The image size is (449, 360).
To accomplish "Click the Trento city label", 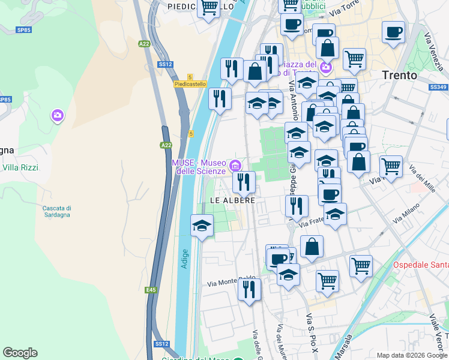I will pyautogui.click(x=400, y=76).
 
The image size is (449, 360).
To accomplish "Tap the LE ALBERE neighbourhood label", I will pyautogui.click(x=232, y=200).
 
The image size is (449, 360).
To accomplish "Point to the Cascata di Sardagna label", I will pyautogui.click(x=58, y=211).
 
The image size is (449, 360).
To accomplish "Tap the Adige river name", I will pyautogui.click(x=185, y=258).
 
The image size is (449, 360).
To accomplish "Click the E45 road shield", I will pyautogui.click(x=150, y=290).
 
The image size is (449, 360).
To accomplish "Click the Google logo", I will pyautogui.click(x=20, y=353).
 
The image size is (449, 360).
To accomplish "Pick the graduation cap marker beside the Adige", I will pyautogui.click(x=202, y=226).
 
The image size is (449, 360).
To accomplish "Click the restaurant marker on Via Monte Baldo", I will pyautogui.click(x=249, y=289).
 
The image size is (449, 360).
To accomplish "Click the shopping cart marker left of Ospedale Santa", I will pyautogui.click(x=361, y=265).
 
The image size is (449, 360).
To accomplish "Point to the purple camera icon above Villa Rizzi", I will pyautogui.click(x=58, y=114).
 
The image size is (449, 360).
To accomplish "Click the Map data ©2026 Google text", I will pyautogui.click(x=412, y=355).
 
